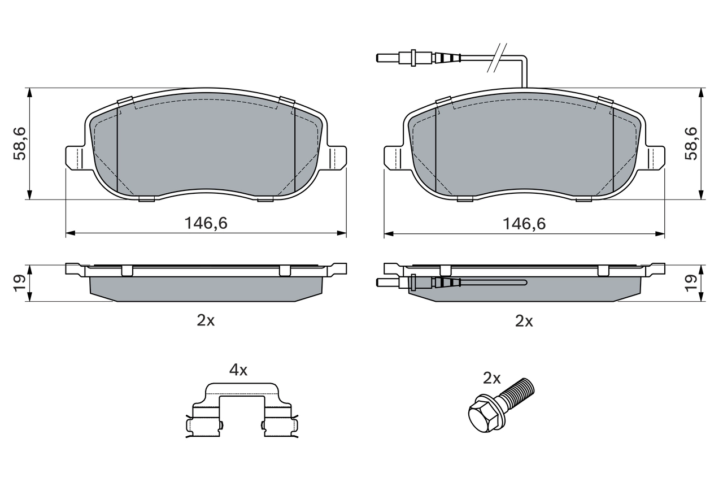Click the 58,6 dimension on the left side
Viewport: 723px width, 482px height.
19,144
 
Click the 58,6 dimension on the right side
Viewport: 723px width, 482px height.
691,144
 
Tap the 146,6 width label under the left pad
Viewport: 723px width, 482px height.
206,223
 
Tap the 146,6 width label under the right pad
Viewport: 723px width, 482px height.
524,223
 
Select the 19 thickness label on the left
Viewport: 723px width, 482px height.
19,283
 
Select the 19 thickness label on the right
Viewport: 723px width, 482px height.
691,283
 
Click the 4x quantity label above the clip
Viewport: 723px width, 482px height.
238,370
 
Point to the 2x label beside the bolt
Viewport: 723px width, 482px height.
491,378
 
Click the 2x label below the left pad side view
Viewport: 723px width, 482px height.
206,320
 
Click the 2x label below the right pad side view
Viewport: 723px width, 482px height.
524,321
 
